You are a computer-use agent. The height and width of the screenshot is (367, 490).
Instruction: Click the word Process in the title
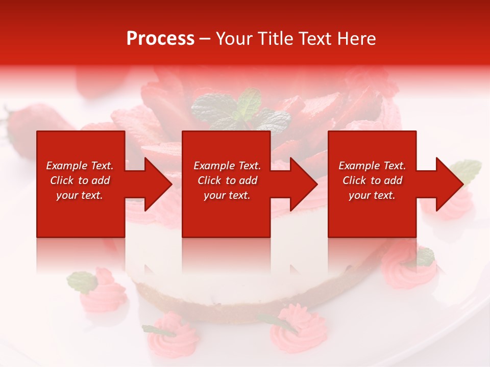[160, 39]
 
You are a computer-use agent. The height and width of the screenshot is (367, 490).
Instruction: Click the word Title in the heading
[274, 39]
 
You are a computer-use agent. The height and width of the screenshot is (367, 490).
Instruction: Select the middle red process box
[226, 214]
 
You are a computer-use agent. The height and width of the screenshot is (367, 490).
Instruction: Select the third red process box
[372, 214]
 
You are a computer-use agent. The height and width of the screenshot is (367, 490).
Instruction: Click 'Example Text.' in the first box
[80, 166]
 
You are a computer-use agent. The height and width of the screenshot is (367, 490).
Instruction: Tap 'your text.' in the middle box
[227, 195]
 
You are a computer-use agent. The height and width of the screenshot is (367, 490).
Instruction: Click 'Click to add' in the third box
[372, 180]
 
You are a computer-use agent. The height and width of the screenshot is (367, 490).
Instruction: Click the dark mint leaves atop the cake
[240, 112]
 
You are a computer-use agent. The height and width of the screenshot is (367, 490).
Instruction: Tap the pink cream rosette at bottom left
[105, 293]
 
